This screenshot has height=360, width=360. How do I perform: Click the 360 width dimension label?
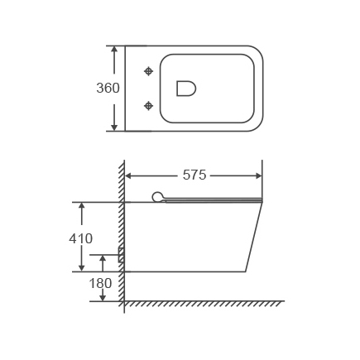108,88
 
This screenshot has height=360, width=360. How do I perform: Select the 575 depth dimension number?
194,175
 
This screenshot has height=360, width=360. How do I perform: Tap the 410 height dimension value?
80,238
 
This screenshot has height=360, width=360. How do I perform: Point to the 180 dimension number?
100,283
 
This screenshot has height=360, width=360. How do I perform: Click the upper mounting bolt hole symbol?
149,71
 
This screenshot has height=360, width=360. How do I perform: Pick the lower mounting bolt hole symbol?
149,106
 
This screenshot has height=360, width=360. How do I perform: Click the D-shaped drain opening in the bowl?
186,89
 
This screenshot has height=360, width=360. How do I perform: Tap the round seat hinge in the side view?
158,197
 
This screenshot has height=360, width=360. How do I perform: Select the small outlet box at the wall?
121,254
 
